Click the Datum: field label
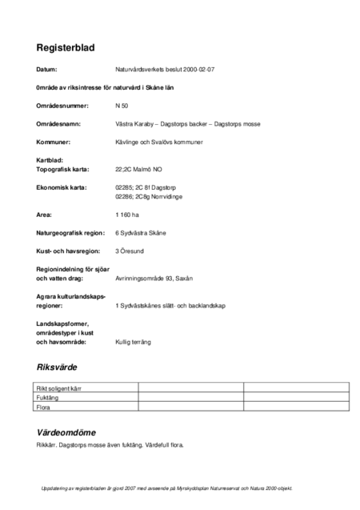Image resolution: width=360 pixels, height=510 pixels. pos(47,70)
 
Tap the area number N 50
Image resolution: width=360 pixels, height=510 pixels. pos(122,106)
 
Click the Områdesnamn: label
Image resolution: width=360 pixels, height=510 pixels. pos(60,124)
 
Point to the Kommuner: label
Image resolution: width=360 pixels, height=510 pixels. pos(54,142)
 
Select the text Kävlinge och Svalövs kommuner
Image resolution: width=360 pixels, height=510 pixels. pos(159,142)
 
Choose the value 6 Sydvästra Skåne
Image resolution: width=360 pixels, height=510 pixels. pos(146,233)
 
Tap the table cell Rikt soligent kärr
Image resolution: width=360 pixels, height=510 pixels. pos(61,388)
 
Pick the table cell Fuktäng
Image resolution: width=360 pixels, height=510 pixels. pos(49,397)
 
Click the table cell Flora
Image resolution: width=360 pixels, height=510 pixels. pos(45,407)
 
